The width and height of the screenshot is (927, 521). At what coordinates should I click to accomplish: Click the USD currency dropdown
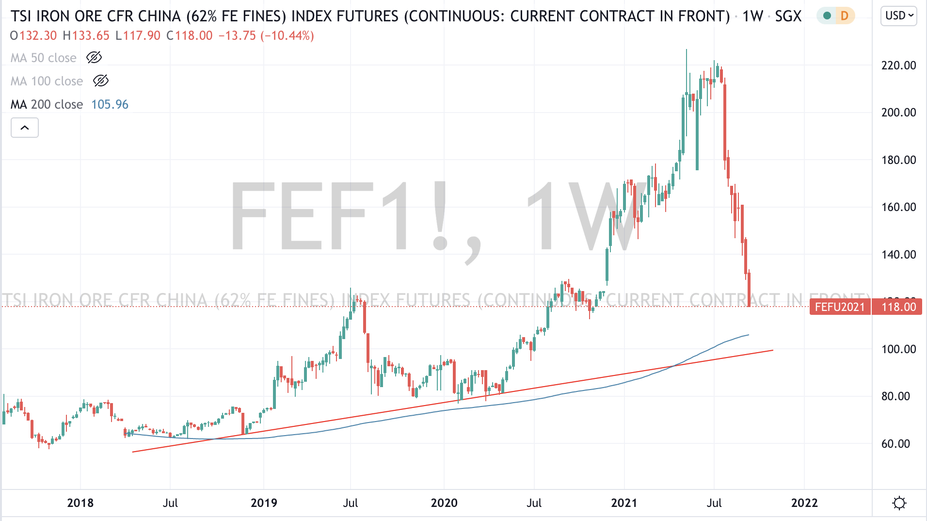click(x=898, y=16)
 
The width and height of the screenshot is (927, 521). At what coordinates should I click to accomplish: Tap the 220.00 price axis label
click(x=898, y=65)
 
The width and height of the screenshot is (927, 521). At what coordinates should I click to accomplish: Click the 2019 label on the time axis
click(x=264, y=503)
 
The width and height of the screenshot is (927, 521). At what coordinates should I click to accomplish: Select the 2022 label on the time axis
click(x=804, y=503)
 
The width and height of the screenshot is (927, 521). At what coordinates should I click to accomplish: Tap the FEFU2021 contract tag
click(x=840, y=307)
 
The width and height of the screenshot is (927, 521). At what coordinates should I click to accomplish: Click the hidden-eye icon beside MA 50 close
click(x=94, y=58)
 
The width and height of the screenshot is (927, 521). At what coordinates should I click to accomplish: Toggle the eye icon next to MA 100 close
click(x=101, y=81)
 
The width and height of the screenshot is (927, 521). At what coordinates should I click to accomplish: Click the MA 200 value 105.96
click(x=110, y=105)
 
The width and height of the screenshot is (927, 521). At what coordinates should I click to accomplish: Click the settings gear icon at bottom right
click(x=899, y=503)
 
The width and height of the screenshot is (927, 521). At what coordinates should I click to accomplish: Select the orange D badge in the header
click(x=845, y=16)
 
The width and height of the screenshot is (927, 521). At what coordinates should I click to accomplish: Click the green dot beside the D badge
click(x=827, y=16)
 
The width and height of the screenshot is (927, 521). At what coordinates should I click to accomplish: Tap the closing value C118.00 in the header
click(x=189, y=36)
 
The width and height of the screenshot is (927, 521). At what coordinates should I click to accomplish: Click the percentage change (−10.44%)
click(x=287, y=36)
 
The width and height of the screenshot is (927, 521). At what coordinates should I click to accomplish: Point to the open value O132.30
click(x=33, y=36)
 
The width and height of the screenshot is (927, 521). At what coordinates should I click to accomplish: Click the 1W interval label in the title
click(x=752, y=16)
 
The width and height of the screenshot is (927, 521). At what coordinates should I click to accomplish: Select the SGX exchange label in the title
click(x=788, y=16)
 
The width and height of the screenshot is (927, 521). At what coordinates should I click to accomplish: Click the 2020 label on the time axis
click(x=444, y=503)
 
